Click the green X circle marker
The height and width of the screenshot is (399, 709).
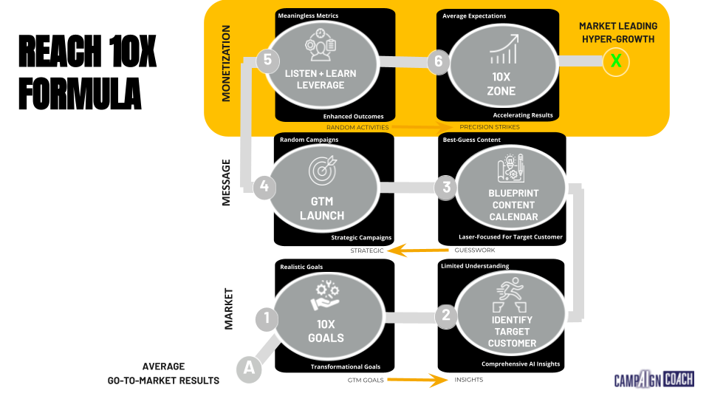tap(616, 62)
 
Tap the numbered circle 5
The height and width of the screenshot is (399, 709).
tap(267, 61)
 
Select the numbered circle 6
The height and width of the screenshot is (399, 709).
tap(438, 61)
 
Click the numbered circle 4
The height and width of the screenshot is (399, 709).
tap(263, 187)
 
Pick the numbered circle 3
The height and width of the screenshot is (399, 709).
tap(446, 187)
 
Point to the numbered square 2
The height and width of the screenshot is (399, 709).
tap(445, 316)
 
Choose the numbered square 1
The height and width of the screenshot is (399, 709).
tap(266, 319)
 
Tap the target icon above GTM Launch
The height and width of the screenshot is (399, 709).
tap(322, 171)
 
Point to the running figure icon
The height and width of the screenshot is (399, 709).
tap(511, 293)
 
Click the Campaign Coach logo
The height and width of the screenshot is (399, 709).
tap(654, 379)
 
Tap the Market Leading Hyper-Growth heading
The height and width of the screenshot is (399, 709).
tap(617, 33)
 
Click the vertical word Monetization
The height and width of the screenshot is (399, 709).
tap(226, 63)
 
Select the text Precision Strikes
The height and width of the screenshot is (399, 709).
tap(490, 127)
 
